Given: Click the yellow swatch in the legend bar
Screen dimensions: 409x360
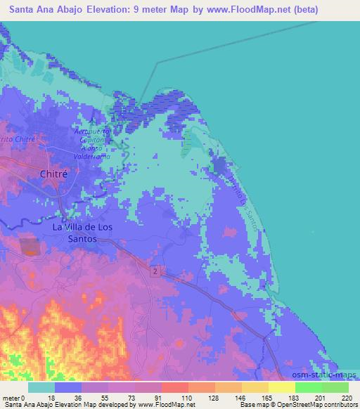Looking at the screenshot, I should (x=281, y=387).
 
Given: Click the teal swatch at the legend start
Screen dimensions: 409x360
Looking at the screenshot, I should (x=42, y=387).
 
